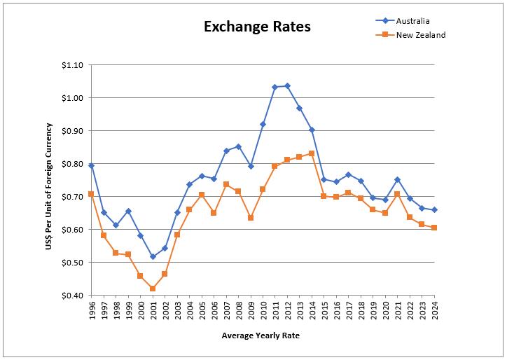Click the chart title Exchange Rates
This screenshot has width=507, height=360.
coord(257,27)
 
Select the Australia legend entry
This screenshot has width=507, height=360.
coord(413,20)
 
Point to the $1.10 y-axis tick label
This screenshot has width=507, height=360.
coord(72,65)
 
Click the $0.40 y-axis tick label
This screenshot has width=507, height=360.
coord(72,296)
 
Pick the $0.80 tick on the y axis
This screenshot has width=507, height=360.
coord(72,164)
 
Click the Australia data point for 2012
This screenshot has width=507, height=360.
coord(287,85)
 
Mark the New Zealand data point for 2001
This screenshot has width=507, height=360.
coord(152,289)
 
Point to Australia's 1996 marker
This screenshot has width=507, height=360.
coord(91,165)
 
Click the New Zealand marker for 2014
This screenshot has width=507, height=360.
coord(312,153)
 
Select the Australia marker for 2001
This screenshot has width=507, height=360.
coord(152,257)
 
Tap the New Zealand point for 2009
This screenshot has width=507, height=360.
coord(250,218)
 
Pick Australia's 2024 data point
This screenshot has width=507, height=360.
coord(434,209)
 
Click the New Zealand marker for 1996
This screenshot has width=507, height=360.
coord(91,194)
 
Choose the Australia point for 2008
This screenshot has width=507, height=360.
coord(238,146)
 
